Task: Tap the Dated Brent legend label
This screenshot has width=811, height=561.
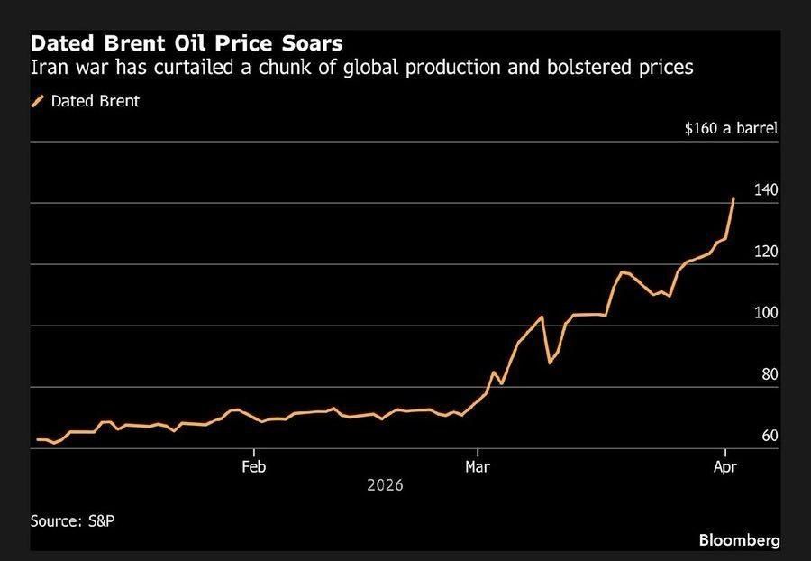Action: tap(95, 101)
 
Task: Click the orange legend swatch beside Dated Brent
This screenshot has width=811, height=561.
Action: tap(38, 101)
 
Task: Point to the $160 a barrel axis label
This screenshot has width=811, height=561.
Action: tap(731, 128)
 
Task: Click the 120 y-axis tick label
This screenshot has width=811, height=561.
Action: tap(766, 252)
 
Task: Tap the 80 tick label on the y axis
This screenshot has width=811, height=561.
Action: tap(770, 374)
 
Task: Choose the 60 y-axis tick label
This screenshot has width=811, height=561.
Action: tap(770, 436)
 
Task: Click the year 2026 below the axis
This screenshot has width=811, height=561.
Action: tap(386, 485)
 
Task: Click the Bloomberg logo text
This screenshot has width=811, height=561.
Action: tap(739, 539)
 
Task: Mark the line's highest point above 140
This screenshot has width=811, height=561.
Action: tap(734, 198)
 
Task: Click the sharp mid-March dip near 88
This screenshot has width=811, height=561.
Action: tap(550, 363)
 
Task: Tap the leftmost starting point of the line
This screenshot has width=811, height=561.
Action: tap(37, 439)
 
